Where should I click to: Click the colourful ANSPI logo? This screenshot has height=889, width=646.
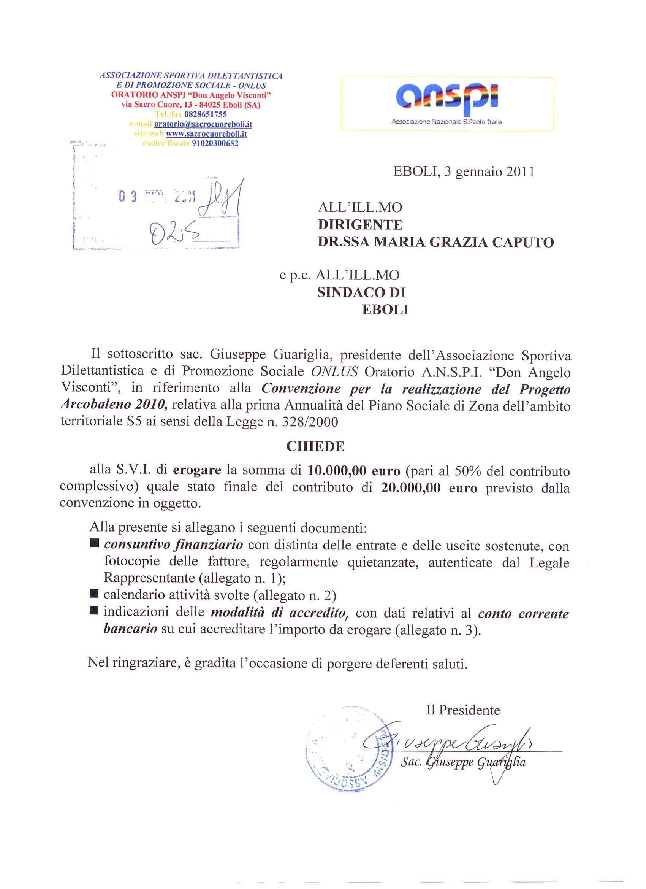[446, 98]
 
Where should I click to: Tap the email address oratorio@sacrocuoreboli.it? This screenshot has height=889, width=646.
[203, 124]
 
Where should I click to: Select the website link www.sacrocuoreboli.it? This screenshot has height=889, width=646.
[206, 134]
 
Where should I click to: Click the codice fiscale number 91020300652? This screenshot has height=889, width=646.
[215, 143]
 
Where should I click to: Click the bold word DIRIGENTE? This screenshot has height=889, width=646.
[359, 225]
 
